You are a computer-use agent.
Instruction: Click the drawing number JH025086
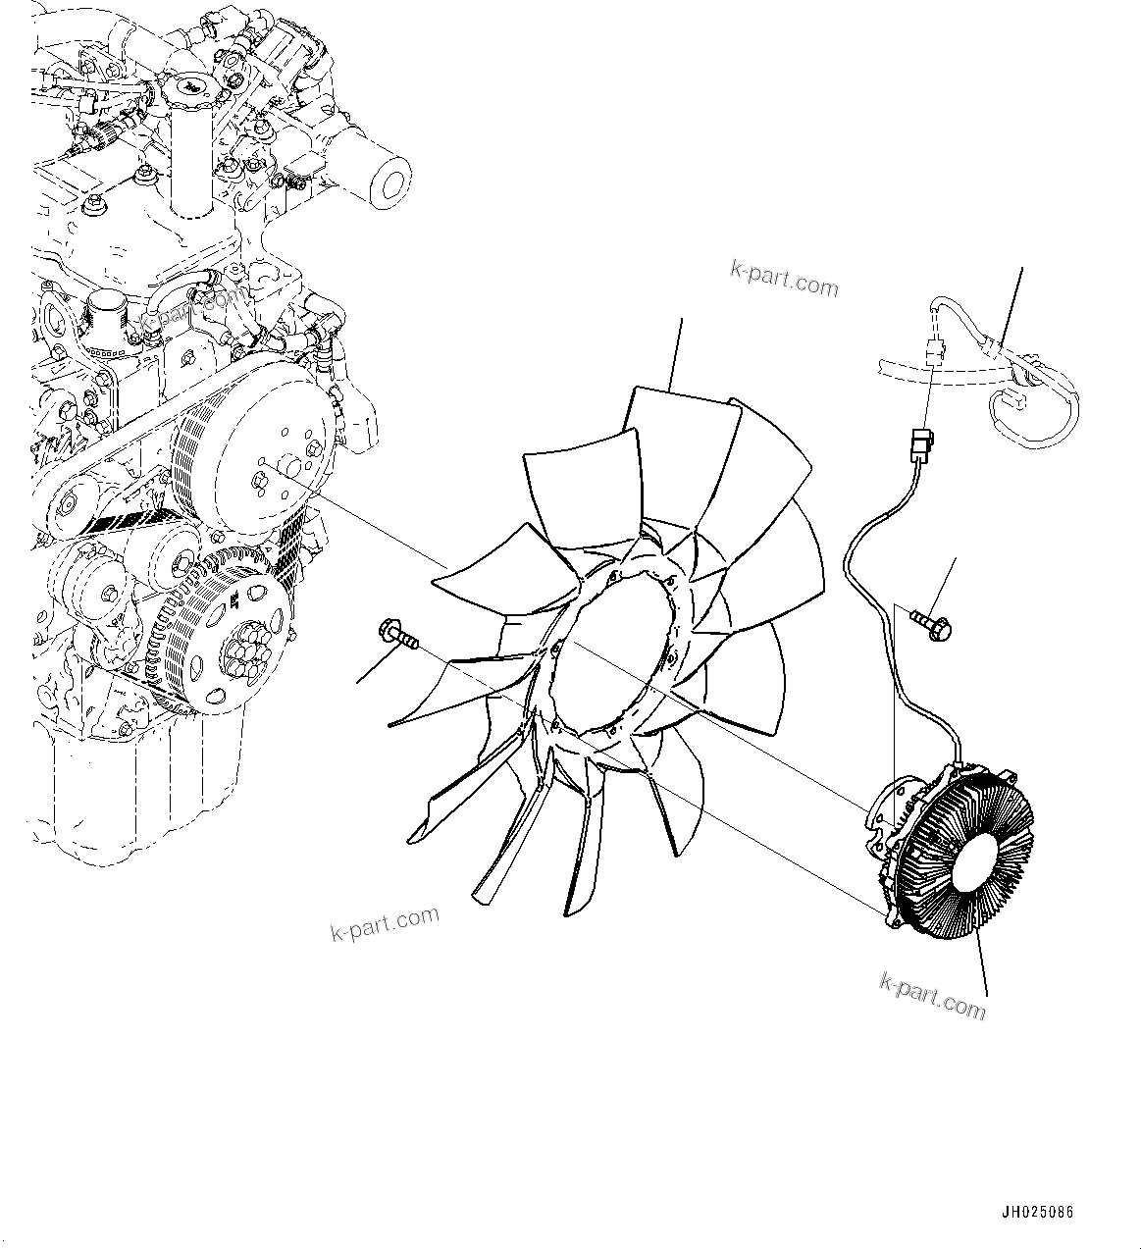click(x=1038, y=1213)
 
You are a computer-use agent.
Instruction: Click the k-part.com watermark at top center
click(x=784, y=280)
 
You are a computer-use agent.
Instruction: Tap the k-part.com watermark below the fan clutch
click(x=932, y=995)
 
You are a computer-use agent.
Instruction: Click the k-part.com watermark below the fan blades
click(x=385, y=923)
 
